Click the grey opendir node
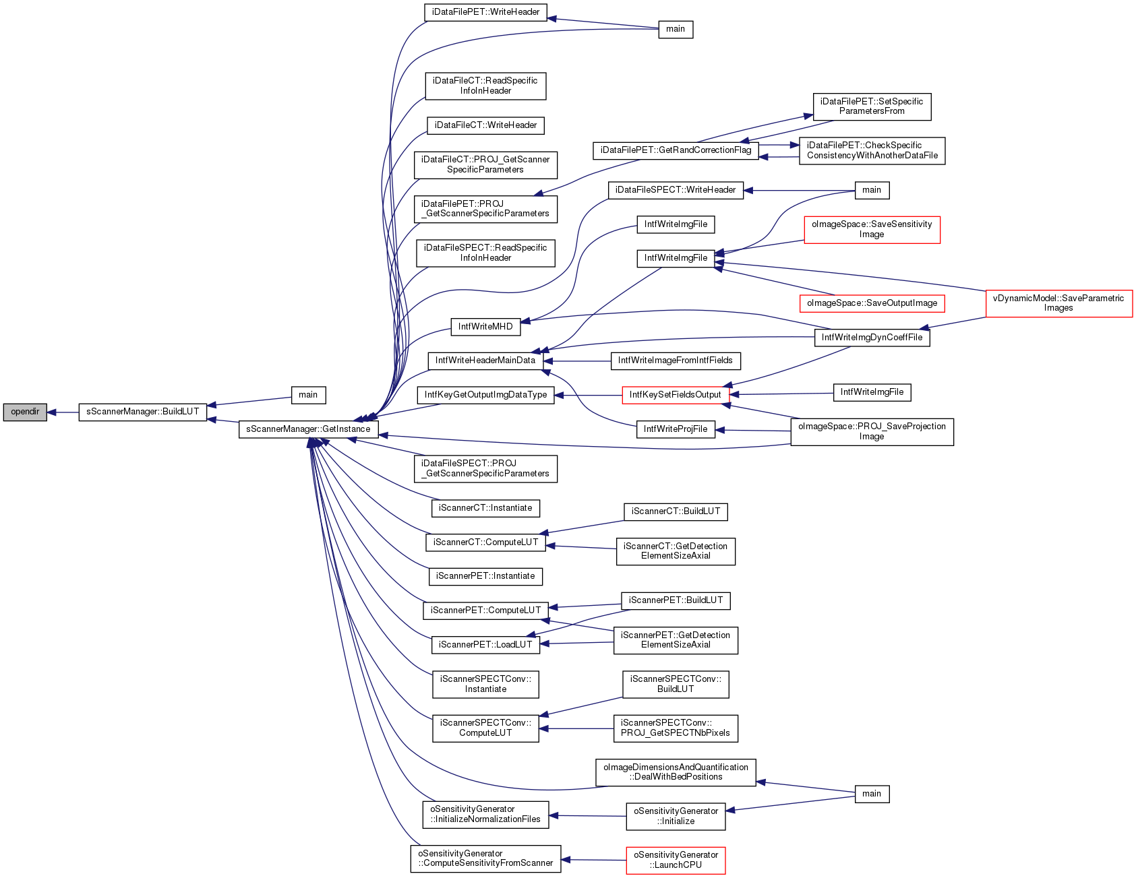coord(25,412)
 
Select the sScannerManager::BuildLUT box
coord(143,412)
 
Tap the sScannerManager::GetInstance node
coord(308,429)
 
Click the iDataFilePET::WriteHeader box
coord(485,12)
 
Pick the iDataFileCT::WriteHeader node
coord(485,125)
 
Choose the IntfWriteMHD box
coord(485,327)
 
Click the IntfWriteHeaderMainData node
coord(485,360)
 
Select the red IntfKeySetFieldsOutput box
coord(676,395)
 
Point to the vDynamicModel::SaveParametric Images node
coord(1058,303)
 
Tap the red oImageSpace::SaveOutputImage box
coord(872,303)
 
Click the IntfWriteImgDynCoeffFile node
coord(872,338)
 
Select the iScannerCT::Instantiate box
coord(485,508)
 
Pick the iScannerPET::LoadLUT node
coord(485,645)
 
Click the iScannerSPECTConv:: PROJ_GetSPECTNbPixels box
coord(676,728)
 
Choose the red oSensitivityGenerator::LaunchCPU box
coord(676,860)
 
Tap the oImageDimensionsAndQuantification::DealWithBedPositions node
coord(676,772)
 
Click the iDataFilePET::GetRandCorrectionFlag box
coord(676,150)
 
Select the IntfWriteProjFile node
coord(676,429)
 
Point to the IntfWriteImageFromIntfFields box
coord(676,360)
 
